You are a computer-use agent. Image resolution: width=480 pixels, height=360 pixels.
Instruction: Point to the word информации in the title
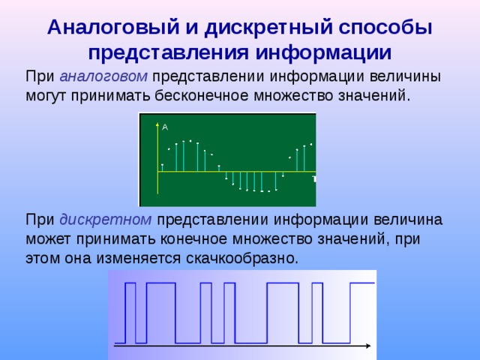pyautogui.click(x=322, y=53)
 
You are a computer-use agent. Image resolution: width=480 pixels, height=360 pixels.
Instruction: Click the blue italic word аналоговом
pyautogui.click(x=105, y=76)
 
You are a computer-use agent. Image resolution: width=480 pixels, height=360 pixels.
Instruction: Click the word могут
pyautogui.click(x=50, y=96)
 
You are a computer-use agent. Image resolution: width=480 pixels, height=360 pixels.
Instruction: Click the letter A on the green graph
pyautogui.click(x=165, y=127)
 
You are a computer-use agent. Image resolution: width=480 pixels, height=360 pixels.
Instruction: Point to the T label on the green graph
pyautogui.click(x=313, y=179)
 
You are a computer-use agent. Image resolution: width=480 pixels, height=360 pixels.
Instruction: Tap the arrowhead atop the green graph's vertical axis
pyautogui.click(x=157, y=122)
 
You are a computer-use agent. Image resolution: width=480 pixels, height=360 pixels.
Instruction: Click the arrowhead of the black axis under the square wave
pyautogui.click(x=367, y=346)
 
